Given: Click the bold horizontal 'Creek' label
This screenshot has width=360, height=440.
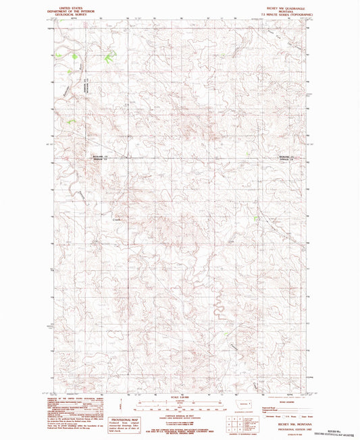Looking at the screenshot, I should [116, 218].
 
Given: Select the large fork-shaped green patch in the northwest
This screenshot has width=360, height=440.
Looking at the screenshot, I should [109, 59].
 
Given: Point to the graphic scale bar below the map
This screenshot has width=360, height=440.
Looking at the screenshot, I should [180, 408].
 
